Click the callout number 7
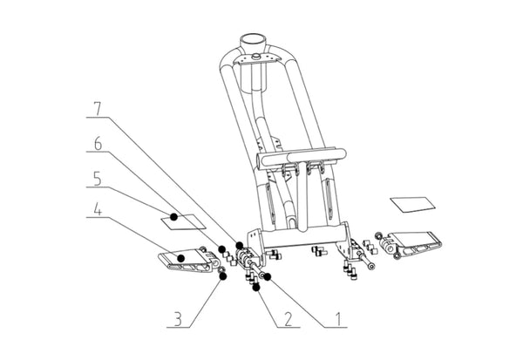coord(97,109)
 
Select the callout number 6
coord(98,144)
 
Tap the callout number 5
coord(97,179)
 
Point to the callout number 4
coord(97,209)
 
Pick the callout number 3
coord(179,319)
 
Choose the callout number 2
coord(288,319)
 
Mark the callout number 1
coord(338,319)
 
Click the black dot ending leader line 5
coord(173,217)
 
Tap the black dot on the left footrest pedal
coord(181,258)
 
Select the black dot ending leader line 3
coord(222,276)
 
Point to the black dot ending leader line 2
coord(256,287)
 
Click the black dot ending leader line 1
coord(268,276)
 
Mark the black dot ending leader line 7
coord(240,245)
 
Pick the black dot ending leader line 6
coord(221,249)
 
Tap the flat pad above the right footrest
coord(413,204)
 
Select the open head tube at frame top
coord(253,42)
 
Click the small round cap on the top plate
coord(256,56)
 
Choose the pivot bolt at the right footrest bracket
coord(365,261)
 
